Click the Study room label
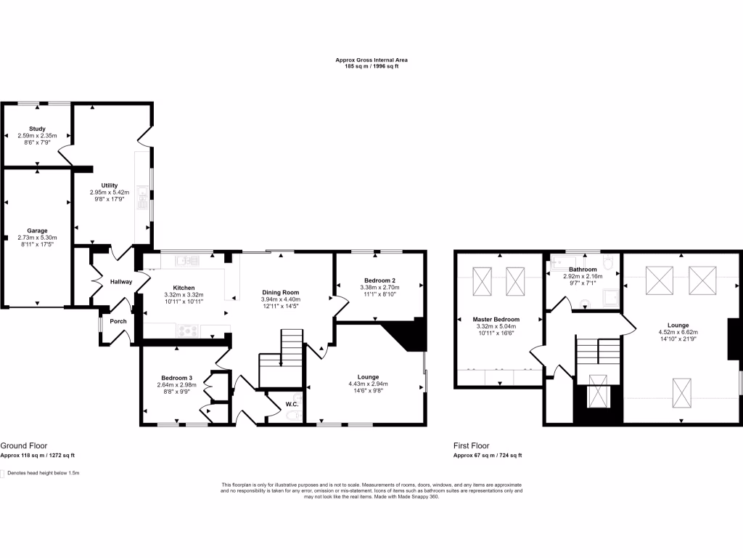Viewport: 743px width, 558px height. click(37, 129)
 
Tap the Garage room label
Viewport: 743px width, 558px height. click(37, 230)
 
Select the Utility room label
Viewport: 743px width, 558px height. click(110, 185)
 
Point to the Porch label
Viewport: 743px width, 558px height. click(118, 321)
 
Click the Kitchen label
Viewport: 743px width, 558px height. click(184, 288)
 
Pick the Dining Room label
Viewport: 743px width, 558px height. click(280, 292)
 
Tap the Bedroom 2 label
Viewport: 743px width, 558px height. click(378, 280)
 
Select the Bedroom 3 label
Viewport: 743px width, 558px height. click(177, 378)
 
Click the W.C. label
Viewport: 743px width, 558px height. click(292, 404)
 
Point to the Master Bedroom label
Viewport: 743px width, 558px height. click(496, 319)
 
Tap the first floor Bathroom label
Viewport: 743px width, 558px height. click(583, 269)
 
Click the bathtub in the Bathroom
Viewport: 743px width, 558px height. click(568, 261)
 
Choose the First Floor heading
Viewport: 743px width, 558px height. click(472, 445)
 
